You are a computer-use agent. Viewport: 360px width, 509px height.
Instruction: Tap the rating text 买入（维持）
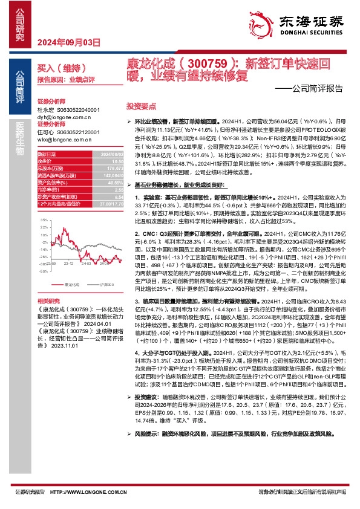[x=59, y=68]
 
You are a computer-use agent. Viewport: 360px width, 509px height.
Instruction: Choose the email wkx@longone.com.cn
[x=65, y=139]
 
